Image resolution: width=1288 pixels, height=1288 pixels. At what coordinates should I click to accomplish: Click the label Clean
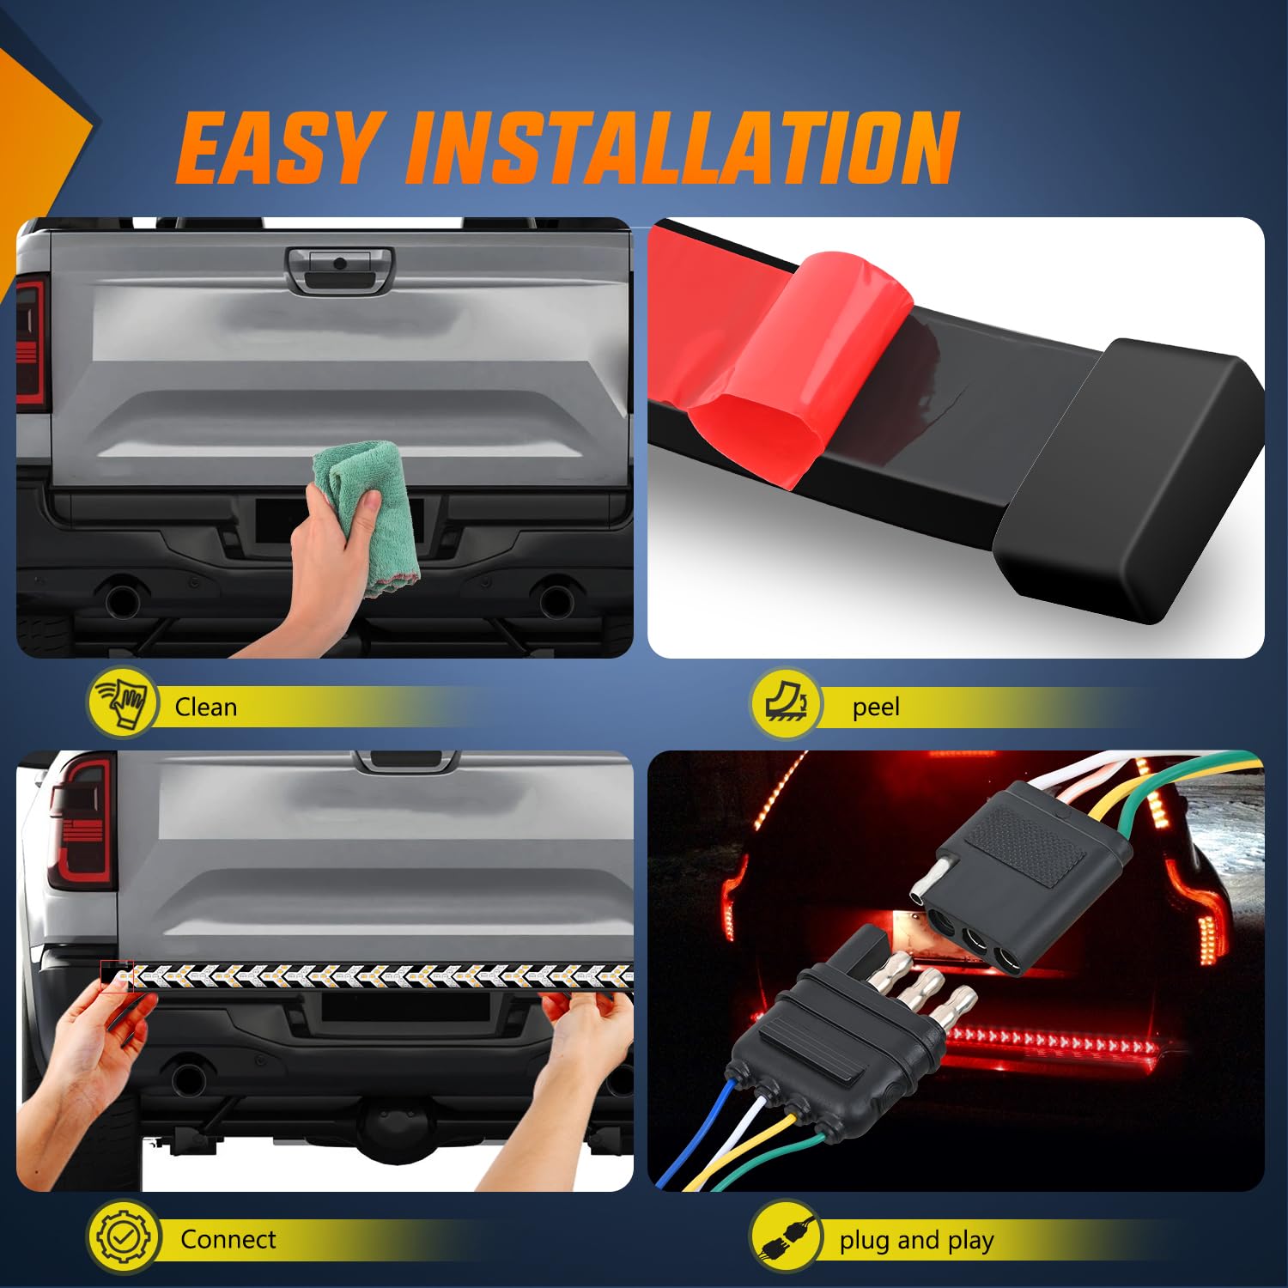[206, 708]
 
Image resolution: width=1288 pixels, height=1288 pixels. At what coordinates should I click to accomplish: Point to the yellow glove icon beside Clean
[124, 703]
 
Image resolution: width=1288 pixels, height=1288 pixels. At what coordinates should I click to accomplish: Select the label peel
[876, 708]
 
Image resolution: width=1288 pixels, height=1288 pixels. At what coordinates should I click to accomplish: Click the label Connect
[228, 1240]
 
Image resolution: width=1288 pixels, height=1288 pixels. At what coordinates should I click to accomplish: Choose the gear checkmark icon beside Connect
[124, 1237]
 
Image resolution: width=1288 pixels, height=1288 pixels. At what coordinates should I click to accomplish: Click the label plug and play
[916, 1241]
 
